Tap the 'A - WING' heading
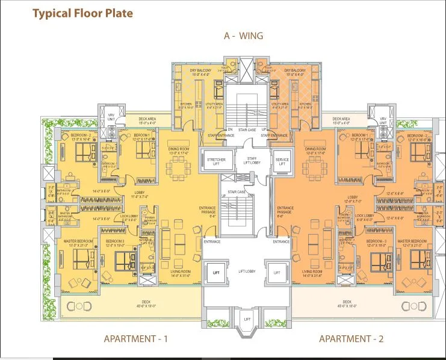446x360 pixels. click(x=243, y=36)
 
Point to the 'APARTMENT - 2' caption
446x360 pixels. click(x=351, y=339)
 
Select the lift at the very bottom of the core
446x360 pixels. click(x=247, y=319)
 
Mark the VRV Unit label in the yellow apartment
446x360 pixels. click(x=111, y=118)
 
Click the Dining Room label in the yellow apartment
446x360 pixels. click(x=178, y=150)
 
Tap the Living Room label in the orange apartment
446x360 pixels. click(x=312, y=273)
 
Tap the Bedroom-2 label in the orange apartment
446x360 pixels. click(x=417, y=137)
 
